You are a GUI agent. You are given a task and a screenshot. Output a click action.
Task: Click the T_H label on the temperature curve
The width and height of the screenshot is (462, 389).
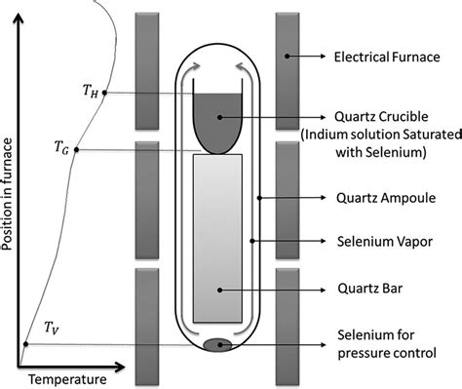(x=90, y=92)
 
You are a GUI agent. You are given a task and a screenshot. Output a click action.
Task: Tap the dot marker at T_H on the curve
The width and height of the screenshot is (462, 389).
(x=105, y=93)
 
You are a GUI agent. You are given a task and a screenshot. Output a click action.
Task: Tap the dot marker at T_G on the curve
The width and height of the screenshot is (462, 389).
(x=78, y=149)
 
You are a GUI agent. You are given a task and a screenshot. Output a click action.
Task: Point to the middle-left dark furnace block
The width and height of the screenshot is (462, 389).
(x=147, y=200)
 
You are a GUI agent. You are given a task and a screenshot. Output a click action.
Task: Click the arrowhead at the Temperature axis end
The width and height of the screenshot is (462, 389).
(x=120, y=368)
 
